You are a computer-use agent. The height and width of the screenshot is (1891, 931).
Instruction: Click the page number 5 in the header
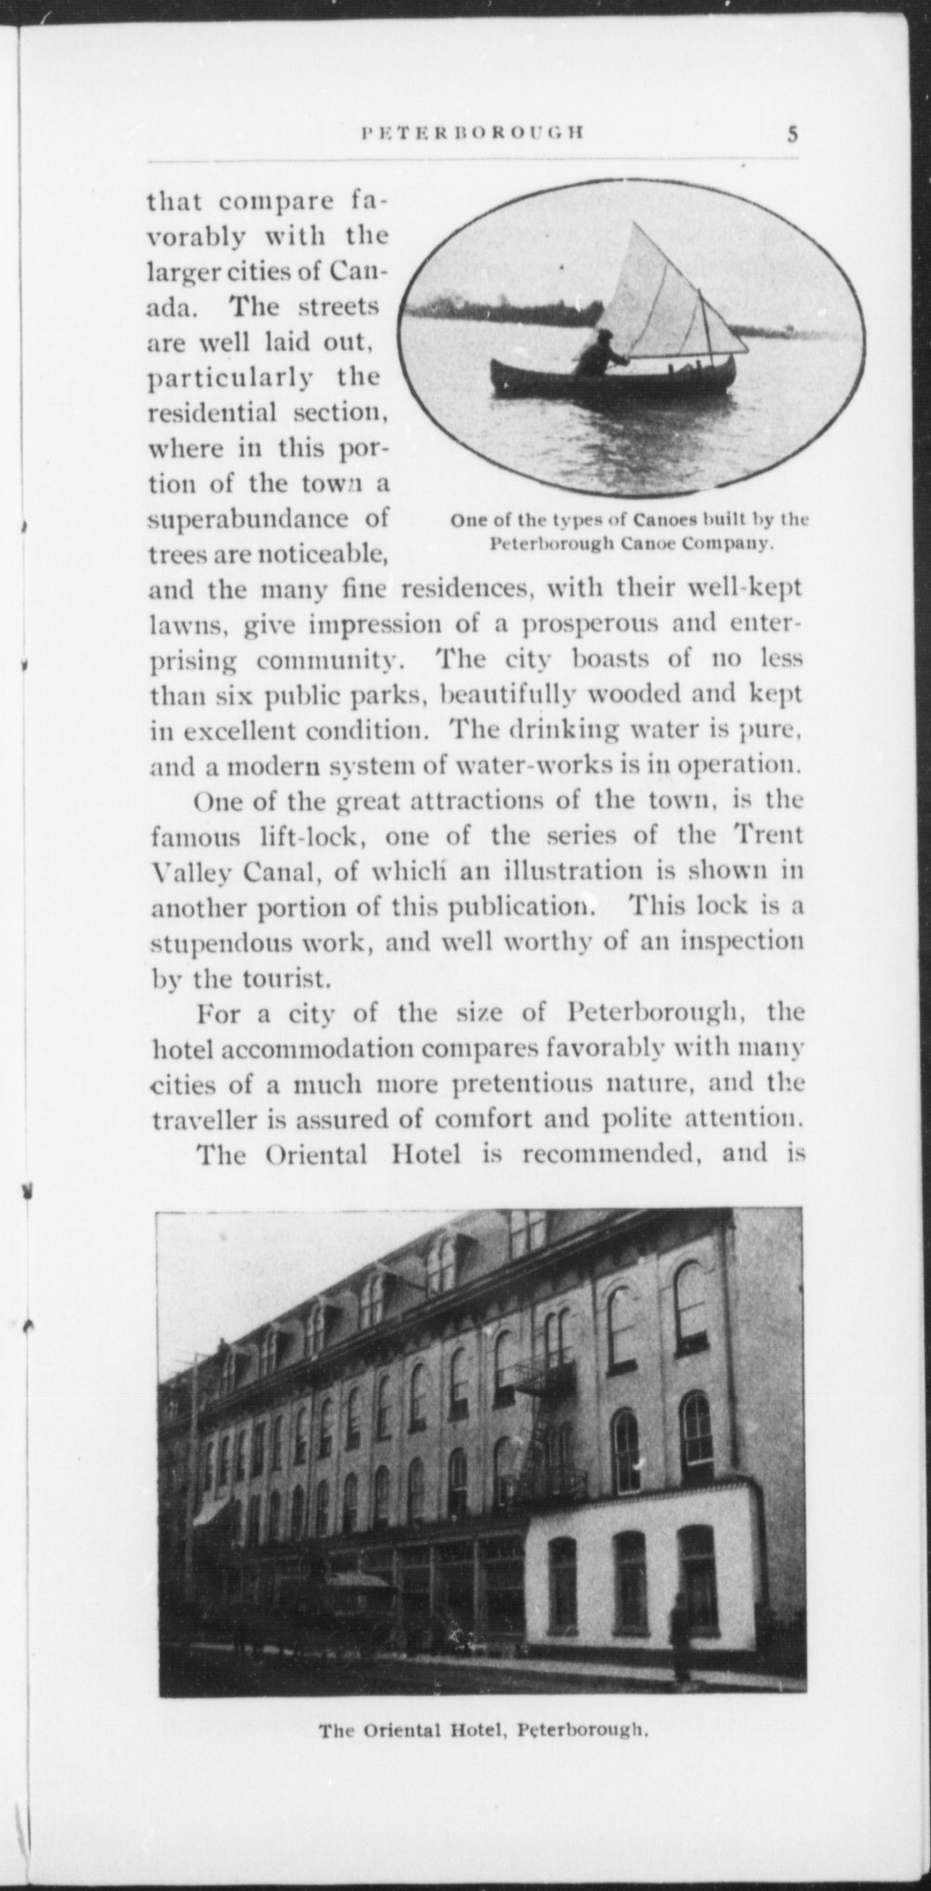pyautogui.click(x=793, y=135)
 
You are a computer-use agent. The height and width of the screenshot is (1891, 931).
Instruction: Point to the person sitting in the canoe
pyautogui.click(x=598, y=354)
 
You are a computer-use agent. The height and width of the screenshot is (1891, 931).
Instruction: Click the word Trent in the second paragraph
pyautogui.click(x=767, y=835)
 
